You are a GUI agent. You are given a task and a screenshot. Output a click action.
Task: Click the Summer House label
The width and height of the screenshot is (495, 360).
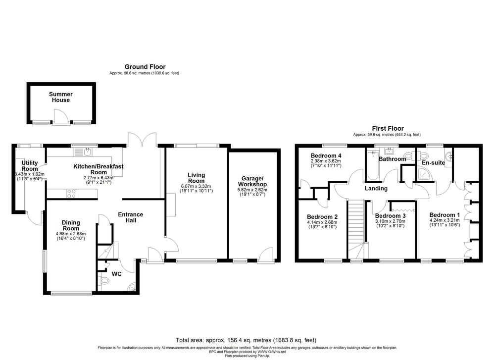point(60,97)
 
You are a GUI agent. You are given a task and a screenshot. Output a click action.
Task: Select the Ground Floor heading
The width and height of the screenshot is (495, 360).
point(145,67)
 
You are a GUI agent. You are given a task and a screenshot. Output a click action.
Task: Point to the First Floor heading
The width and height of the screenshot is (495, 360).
point(388,128)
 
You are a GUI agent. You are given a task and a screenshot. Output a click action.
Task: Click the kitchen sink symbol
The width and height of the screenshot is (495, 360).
point(83,152)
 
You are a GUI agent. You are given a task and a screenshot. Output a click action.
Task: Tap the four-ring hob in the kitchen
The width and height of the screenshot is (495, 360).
point(71,193)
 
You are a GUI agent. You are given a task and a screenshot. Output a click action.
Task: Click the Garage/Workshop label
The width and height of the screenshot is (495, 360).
point(252,181)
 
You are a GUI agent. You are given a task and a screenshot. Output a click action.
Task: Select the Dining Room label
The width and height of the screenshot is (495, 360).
point(71,225)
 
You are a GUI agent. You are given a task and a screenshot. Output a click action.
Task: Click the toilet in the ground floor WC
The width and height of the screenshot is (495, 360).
point(104,281)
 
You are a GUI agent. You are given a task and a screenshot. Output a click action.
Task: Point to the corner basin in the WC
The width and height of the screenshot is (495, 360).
point(132,287)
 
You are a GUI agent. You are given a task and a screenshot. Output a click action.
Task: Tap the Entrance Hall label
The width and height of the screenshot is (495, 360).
point(130,217)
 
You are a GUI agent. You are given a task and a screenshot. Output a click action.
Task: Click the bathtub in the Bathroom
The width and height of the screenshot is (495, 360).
point(373,165)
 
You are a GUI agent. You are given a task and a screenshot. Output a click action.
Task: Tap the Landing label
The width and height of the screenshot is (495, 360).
point(376,188)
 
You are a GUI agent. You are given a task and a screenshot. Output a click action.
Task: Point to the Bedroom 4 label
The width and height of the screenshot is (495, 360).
point(326,155)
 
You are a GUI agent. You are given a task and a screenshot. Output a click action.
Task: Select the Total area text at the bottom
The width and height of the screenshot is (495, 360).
point(246,340)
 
